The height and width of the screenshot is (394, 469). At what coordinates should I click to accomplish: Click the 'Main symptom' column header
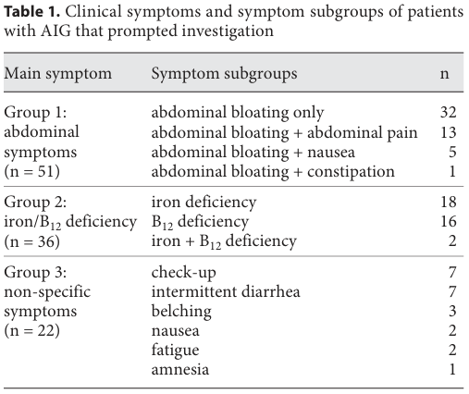click(58, 74)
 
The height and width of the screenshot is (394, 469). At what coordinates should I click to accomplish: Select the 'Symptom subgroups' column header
click(224, 74)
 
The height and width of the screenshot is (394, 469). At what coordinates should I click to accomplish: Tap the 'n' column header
click(444, 74)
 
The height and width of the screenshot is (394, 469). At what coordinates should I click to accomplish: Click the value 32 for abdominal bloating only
click(449, 112)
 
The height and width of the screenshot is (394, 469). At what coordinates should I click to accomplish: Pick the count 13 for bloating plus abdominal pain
click(449, 132)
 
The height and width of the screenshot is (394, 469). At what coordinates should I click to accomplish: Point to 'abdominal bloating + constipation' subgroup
click(273, 171)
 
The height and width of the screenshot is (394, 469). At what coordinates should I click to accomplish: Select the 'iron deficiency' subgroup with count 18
click(204, 203)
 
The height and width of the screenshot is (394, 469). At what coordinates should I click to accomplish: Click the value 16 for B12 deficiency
click(449, 221)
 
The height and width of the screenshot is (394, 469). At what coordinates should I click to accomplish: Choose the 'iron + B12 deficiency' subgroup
click(224, 241)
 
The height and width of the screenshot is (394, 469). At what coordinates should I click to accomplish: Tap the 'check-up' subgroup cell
click(184, 273)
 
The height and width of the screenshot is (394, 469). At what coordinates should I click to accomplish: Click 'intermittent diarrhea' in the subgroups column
click(226, 291)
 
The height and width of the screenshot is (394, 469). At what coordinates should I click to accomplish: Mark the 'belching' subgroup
click(181, 312)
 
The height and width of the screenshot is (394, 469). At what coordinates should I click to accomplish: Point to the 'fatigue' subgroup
click(175, 351)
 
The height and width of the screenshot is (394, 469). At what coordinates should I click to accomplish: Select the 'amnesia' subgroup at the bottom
click(180, 369)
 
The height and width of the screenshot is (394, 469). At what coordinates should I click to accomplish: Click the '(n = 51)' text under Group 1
click(31, 171)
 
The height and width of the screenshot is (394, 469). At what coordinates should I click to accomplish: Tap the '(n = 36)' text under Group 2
click(31, 241)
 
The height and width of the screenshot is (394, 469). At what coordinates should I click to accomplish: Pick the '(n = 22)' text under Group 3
click(31, 330)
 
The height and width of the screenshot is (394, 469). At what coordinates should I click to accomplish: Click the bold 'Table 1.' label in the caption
click(32, 12)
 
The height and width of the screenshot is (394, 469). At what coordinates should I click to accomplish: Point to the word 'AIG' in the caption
click(56, 31)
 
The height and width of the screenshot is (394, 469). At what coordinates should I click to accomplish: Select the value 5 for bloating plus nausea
click(452, 152)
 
